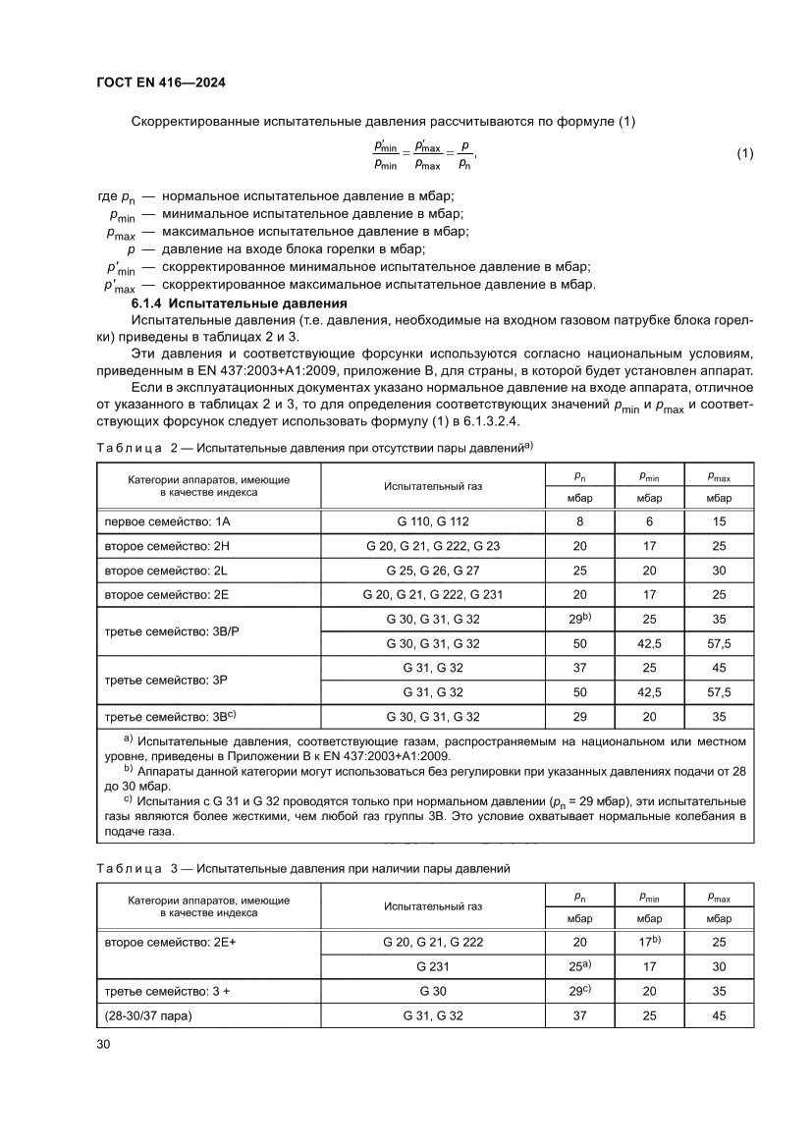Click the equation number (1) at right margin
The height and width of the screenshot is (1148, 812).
[x=744, y=153]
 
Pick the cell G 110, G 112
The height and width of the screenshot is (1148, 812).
[x=433, y=522]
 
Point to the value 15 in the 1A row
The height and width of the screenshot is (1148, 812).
[x=719, y=522]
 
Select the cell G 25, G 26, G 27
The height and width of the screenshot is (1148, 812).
[x=433, y=570]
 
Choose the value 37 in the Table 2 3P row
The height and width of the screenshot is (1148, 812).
[x=578, y=668]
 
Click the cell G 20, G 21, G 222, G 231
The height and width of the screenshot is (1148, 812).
[x=433, y=594]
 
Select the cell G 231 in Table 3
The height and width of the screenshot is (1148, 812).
[x=433, y=966]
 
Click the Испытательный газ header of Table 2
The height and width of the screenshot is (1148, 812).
[x=433, y=485]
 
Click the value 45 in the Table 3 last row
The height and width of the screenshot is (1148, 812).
[x=719, y=1016]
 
